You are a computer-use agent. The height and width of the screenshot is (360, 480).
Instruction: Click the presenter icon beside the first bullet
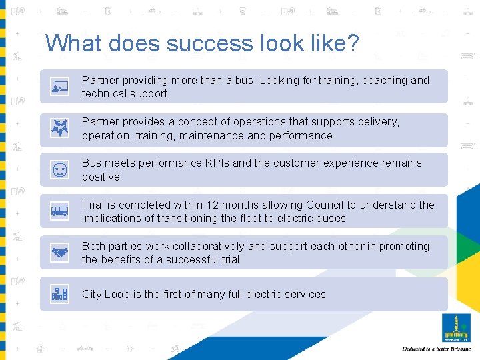point(60,87)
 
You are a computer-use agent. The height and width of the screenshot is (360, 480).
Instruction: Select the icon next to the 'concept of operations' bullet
point(60,129)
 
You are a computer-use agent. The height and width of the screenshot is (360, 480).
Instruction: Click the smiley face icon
point(60,170)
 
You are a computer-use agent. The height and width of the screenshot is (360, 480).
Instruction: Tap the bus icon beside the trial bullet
point(60,212)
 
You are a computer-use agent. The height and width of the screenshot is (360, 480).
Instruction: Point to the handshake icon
point(60,253)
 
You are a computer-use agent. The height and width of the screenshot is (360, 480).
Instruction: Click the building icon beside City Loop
point(60,294)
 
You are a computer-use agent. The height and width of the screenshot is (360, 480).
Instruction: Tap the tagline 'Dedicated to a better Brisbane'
point(436,349)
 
